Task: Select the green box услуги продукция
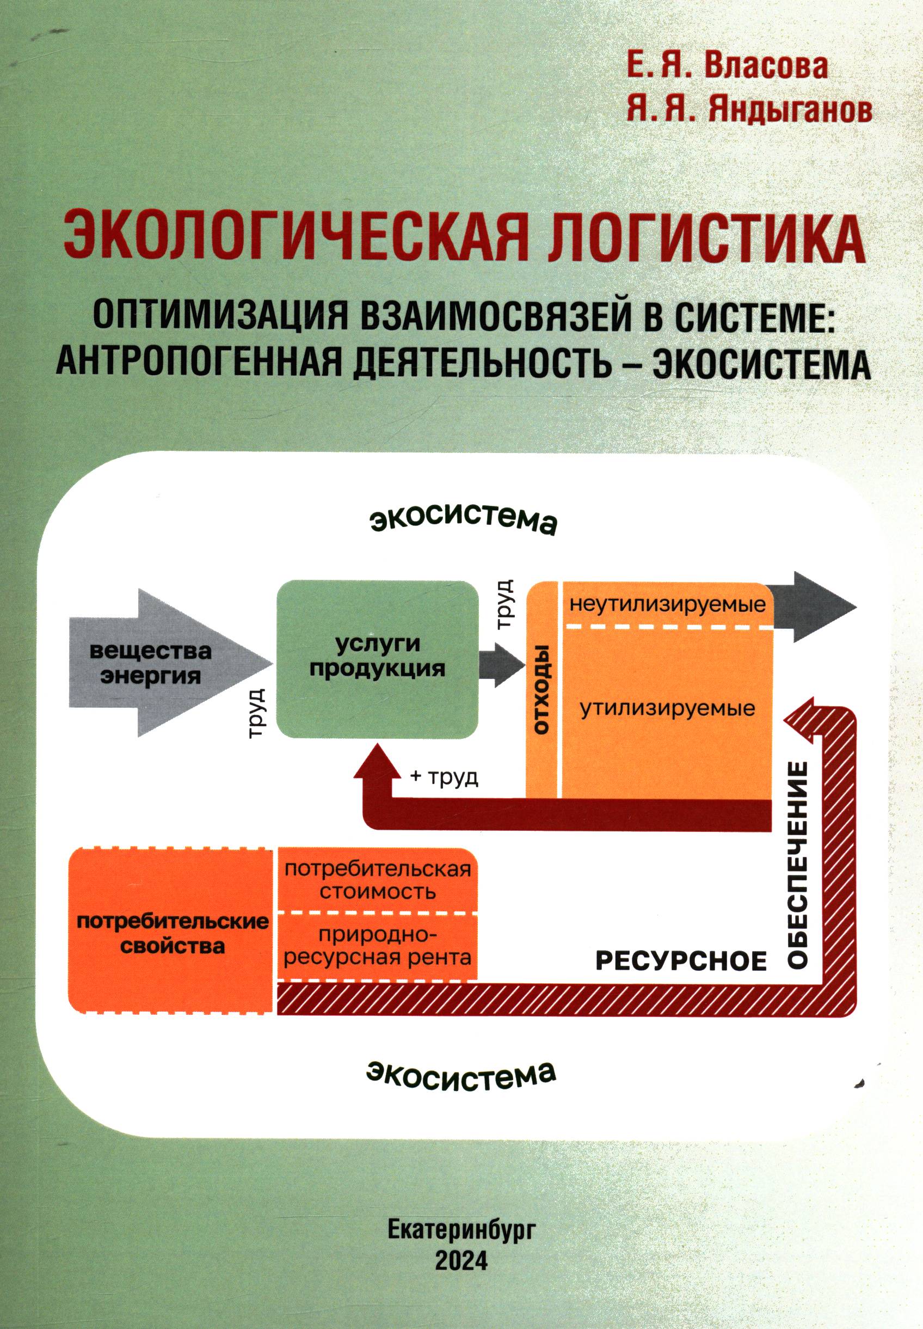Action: pos(378,659)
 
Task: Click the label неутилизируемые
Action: pos(667,606)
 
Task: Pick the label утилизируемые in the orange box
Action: pos(668,709)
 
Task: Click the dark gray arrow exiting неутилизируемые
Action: pos(815,607)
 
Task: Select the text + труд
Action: pos(444,777)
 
